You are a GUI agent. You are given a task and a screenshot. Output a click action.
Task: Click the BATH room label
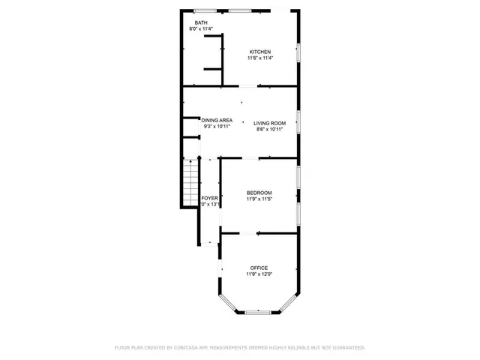tap(201, 23)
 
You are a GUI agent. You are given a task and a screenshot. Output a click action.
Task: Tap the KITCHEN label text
tap(260, 52)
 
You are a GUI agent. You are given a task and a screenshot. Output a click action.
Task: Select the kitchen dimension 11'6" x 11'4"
tap(260, 58)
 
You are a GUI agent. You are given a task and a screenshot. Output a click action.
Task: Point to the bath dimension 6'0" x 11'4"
tap(201, 29)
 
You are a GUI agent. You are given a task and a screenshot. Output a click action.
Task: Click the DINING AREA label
tap(217, 120)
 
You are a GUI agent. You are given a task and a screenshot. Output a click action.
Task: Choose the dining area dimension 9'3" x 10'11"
tap(217, 126)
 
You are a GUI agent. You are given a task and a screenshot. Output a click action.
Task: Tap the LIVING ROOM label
tap(269, 122)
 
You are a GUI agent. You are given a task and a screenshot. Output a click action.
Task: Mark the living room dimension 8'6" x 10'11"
tap(269, 129)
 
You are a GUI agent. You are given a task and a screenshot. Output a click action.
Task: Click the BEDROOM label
tap(259, 193)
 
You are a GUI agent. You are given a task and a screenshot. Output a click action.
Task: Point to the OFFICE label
tap(259, 268)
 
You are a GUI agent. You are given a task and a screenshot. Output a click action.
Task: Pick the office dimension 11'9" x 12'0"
tap(259, 274)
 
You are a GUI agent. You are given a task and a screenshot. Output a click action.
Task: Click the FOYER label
tap(209, 198)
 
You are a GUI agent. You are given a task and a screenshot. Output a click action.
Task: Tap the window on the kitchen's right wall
tap(298, 52)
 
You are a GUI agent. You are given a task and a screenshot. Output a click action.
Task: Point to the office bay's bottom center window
tap(259, 311)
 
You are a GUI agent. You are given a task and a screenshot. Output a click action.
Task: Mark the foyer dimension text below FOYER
tap(209, 204)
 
